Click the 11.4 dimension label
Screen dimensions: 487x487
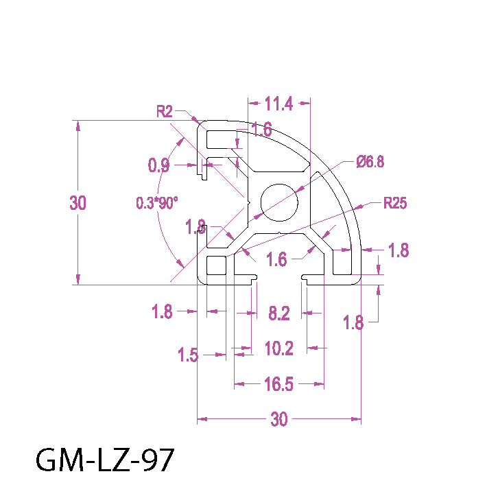(278, 104)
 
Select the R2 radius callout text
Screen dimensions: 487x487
(165, 111)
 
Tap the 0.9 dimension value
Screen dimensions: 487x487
(159, 165)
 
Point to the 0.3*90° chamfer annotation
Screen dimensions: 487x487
(156, 203)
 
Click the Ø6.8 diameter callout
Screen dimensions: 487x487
(370, 162)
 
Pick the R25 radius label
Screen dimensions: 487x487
(395, 203)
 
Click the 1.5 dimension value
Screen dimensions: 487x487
(188, 355)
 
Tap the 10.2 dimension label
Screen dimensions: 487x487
(279, 349)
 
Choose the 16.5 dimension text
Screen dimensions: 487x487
(279, 385)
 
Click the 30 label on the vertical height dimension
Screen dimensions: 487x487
(78, 203)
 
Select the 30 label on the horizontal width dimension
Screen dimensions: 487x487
(279, 420)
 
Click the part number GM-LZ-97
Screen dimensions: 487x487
(105, 460)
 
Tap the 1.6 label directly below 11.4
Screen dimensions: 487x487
(262, 129)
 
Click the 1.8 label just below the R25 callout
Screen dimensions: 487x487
(399, 251)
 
